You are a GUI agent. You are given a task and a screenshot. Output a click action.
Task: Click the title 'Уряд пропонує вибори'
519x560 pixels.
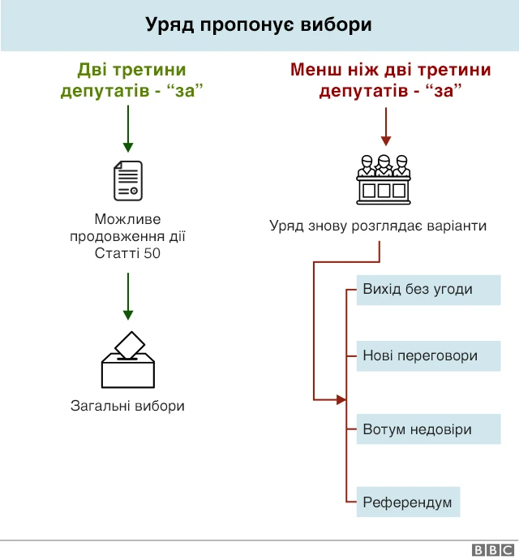pyautogui.click(x=259, y=25)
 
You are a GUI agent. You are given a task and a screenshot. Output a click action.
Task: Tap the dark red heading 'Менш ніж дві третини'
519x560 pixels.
pyautogui.click(x=390, y=80)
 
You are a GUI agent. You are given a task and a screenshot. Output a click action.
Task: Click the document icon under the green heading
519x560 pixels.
pyautogui.click(x=127, y=180)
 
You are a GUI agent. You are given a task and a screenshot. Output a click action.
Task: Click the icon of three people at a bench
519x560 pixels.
pyautogui.click(x=384, y=178)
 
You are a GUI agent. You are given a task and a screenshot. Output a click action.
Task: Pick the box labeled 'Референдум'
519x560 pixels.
pyautogui.click(x=407, y=502)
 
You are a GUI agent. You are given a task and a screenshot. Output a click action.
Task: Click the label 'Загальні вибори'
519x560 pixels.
pyautogui.click(x=127, y=406)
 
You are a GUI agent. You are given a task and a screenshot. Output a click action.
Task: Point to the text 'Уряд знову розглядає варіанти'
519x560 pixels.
pyautogui.click(x=378, y=226)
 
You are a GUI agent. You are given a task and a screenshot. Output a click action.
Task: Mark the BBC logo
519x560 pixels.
pyautogui.click(x=488, y=550)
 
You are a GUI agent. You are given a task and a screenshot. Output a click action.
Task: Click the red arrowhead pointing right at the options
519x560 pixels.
pyautogui.click(x=341, y=399)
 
